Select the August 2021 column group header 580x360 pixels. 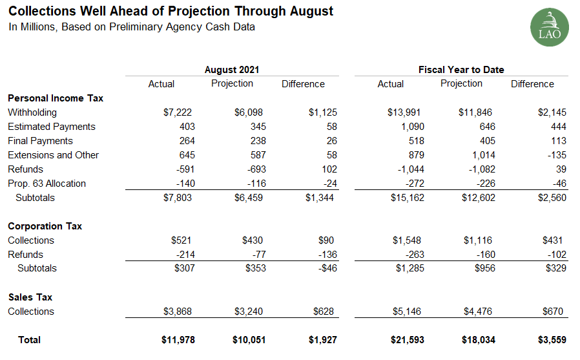point(232,70)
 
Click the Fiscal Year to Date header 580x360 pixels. point(461,70)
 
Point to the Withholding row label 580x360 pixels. point(32,112)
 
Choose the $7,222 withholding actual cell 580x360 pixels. point(179,112)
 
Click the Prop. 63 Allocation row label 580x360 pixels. point(47,184)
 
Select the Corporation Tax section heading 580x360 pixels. point(45,226)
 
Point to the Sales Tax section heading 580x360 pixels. point(30,297)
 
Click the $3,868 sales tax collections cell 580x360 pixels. point(179,312)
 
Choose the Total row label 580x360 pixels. point(29,340)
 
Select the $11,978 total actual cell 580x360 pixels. point(176,340)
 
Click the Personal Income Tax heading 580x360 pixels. point(56,98)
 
